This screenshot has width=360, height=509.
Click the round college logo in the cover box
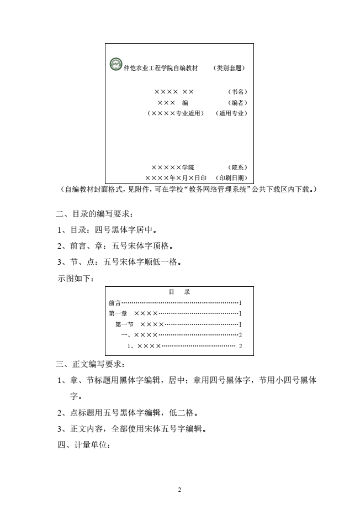pyautogui.click(x=116, y=65)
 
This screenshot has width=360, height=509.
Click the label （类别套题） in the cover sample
pyautogui.click(x=229, y=69)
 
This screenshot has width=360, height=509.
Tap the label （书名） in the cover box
pyautogui.click(x=237, y=91)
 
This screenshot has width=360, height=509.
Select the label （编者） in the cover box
pyautogui.click(x=237, y=102)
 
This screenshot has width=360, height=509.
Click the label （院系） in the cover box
pyautogui.click(x=237, y=167)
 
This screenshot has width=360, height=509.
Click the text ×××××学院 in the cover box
pyautogui.click(x=172, y=167)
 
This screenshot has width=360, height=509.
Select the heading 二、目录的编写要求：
pyautogui.click(x=94, y=214)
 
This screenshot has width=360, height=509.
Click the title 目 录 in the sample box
pyautogui.click(x=179, y=292)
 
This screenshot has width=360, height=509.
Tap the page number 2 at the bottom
pyautogui.click(x=180, y=490)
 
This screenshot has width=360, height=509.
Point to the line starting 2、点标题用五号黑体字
pyautogui.click(x=128, y=412)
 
